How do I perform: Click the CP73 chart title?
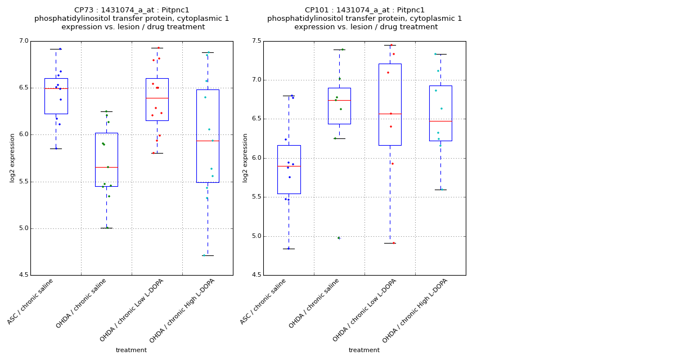[132, 19]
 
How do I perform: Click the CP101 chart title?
[364, 19]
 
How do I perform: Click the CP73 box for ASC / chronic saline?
[56, 96]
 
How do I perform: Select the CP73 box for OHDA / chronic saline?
[106, 159]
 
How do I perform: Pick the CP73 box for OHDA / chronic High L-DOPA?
[208, 136]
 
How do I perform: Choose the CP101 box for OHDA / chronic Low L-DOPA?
[390, 104]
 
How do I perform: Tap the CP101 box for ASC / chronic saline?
[289, 169]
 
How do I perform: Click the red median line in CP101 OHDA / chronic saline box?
[339, 100]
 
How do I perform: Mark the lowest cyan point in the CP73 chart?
[204, 255]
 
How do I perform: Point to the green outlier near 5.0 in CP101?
[339, 238]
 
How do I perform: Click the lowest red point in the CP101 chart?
[393, 243]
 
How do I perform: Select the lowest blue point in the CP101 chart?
[289, 248]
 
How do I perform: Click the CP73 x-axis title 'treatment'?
[131, 350]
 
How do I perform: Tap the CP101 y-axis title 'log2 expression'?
[245, 157]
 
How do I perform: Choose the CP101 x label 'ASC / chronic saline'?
[264, 301]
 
